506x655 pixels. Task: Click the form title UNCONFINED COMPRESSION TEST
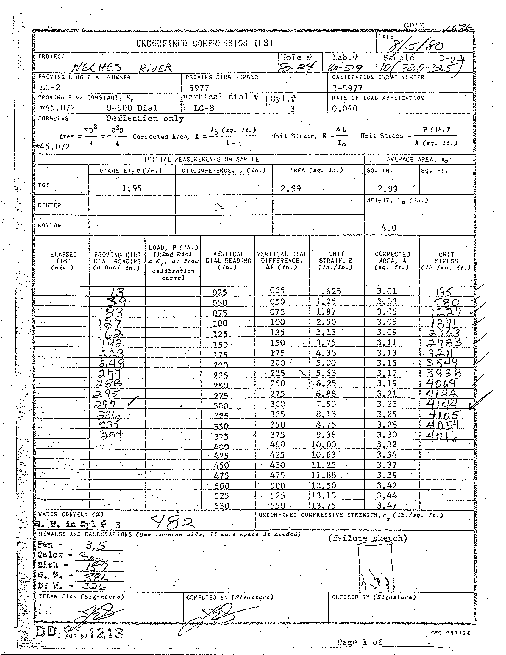pyautogui.click(x=205, y=43)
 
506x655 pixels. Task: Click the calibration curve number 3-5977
pyautogui.click(x=347, y=88)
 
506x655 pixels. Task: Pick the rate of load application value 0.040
pyautogui.click(x=345, y=109)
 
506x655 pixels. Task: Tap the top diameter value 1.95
pyautogui.click(x=132, y=188)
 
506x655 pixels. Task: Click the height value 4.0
pyautogui.click(x=389, y=228)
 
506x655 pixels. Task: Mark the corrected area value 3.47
pyautogui.click(x=387, y=506)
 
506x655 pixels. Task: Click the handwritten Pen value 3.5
pyautogui.click(x=95, y=545)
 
